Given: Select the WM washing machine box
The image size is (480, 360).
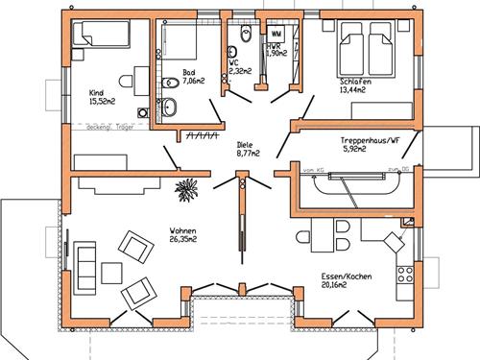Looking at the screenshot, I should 276,34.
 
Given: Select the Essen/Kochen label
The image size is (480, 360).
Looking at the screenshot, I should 347,280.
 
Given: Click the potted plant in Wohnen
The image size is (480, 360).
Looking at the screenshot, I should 185,191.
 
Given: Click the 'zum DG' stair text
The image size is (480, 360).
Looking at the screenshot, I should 393,171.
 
